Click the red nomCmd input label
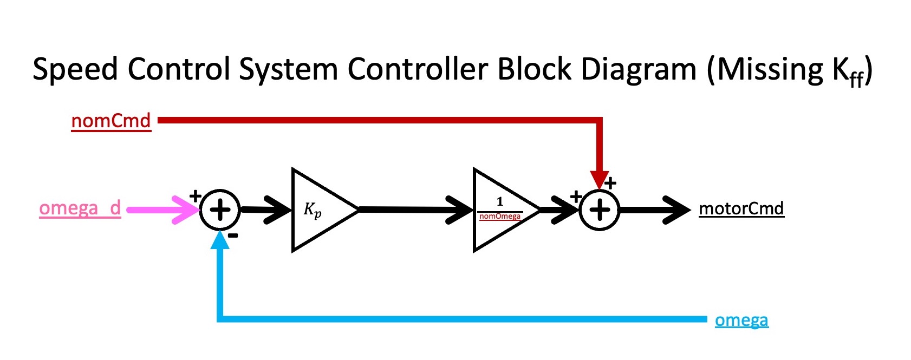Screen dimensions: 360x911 click(111, 121)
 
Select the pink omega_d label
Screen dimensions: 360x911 click(80, 208)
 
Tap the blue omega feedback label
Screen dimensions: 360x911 click(741, 320)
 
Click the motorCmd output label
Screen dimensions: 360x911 click(741, 208)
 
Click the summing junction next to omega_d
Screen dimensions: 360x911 click(220, 210)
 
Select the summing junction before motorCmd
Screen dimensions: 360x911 click(600, 210)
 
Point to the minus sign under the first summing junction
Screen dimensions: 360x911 click(233, 235)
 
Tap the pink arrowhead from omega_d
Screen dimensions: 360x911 click(187, 210)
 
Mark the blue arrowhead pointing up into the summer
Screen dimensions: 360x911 click(220, 240)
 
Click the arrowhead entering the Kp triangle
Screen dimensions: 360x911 click(279, 210)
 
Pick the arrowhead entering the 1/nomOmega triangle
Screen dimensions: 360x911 click(460, 210)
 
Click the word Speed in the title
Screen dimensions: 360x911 click(75, 70)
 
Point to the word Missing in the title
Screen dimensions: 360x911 click(769, 70)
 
